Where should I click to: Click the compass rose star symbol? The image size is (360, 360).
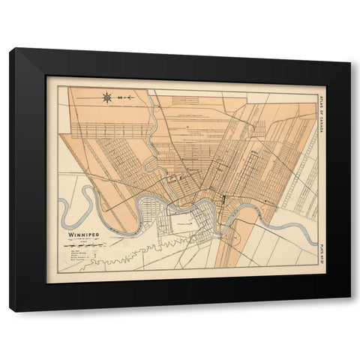pyautogui.click(x=108, y=96)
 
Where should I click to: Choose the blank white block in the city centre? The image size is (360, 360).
pyautogui.click(x=184, y=220)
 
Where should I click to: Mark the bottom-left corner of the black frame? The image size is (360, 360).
pyautogui.click(x=10, y=309)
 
